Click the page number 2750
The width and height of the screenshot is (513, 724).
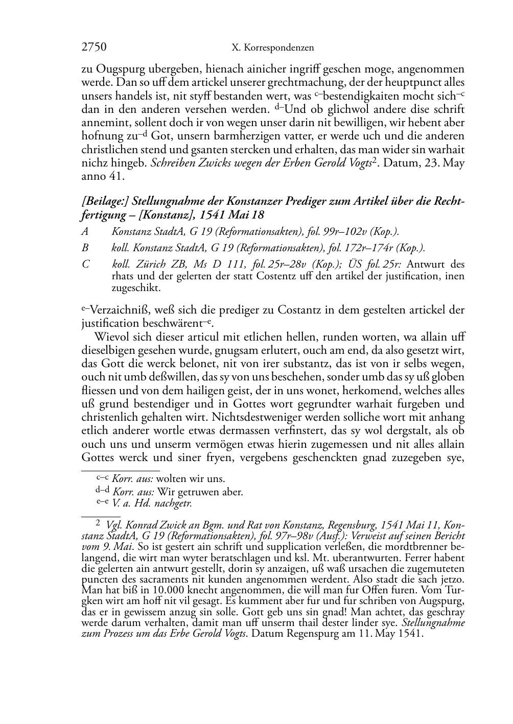tap(94, 47)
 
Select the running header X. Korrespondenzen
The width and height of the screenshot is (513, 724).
tap(272, 48)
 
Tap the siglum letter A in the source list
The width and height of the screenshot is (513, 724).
tap(85, 232)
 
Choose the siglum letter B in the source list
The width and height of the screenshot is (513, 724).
tap(85, 248)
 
